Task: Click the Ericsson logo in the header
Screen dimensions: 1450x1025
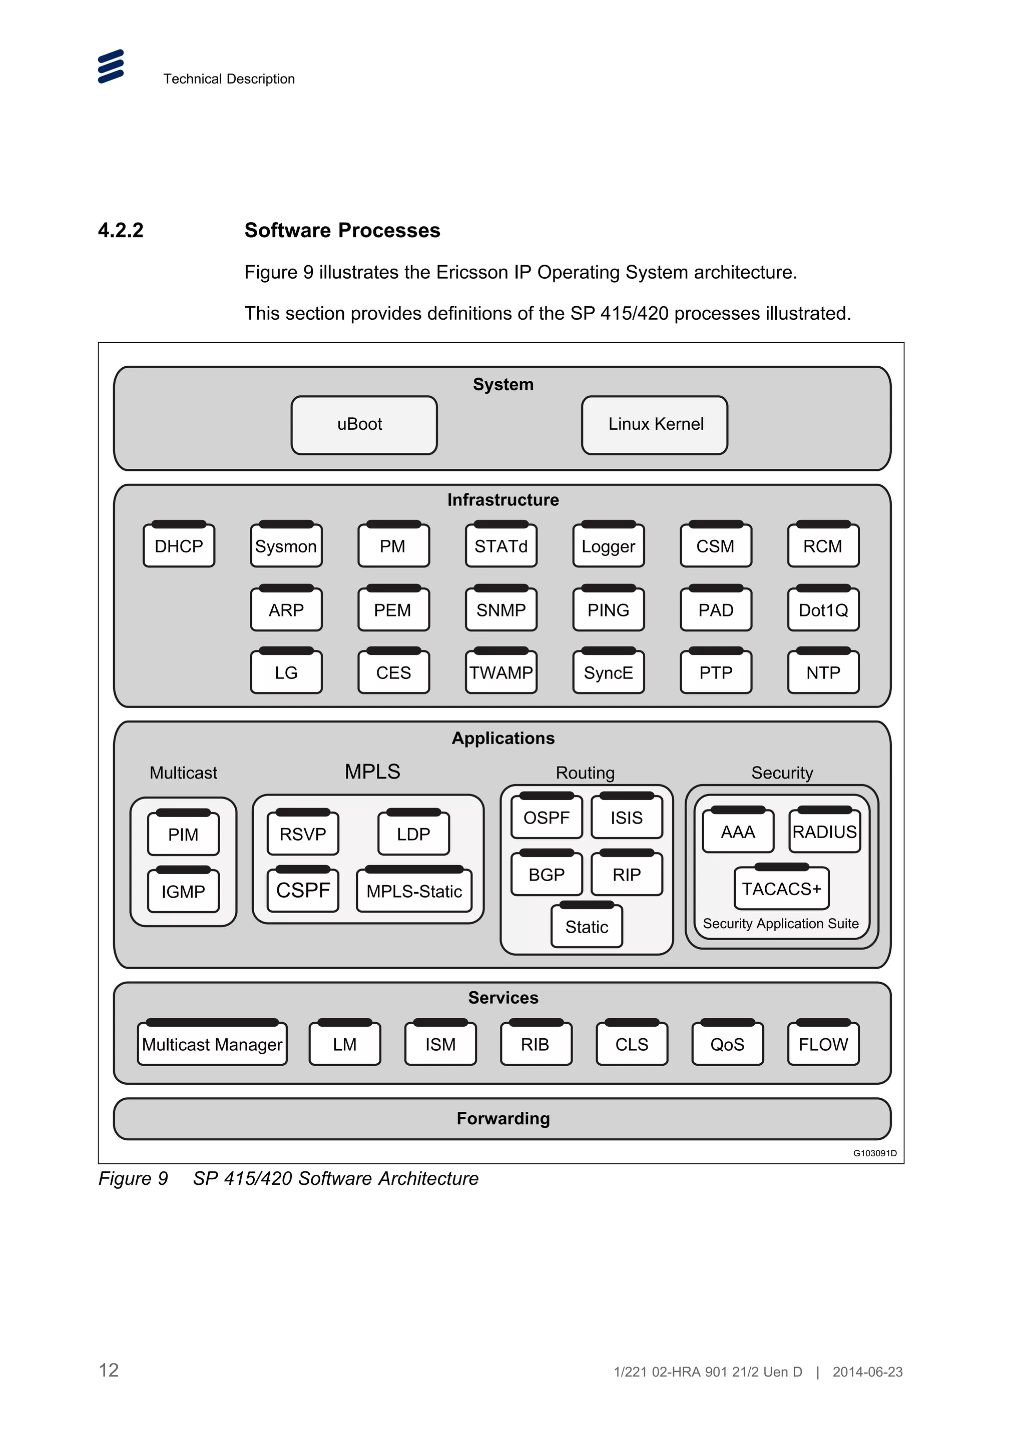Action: point(111,67)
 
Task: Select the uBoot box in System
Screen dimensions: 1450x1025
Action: point(364,424)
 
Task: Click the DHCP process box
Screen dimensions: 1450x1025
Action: point(179,546)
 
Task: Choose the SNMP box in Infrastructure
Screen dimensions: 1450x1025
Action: point(501,610)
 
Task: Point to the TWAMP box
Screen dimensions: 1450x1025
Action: point(501,672)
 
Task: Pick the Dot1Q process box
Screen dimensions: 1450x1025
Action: point(823,610)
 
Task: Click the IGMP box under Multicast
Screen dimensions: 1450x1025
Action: point(183,891)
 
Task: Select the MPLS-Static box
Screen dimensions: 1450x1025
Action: point(414,891)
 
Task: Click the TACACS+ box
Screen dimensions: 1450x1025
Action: point(781,889)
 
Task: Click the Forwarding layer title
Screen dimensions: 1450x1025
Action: point(502,1118)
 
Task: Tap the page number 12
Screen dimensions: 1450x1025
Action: point(109,1370)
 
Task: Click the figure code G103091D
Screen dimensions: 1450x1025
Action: point(875,1153)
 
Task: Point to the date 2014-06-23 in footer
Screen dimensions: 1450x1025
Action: point(867,1371)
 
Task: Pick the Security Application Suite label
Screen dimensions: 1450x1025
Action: point(781,923)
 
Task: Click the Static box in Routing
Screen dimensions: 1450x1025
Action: point(587,927)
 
